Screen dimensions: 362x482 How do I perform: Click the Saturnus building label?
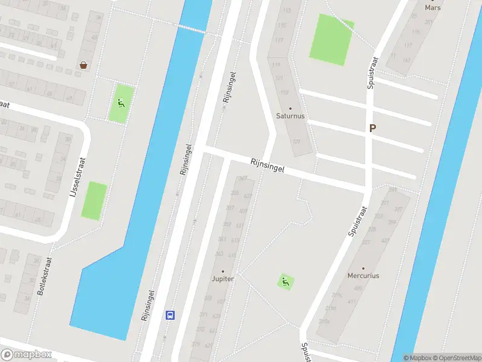pos(290,115)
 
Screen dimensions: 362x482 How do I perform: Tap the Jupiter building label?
pos(222,279)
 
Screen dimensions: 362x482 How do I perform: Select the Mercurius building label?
pos(363,276)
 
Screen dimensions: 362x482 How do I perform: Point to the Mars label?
pos(433,8)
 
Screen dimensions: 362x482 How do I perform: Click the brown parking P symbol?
pos(372,129)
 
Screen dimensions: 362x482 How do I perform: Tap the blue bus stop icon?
pos(171,314)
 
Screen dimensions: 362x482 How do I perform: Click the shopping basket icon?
pos(83,65)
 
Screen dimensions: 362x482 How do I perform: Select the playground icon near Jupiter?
pos(285,281)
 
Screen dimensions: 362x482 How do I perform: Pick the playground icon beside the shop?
pos(121,103)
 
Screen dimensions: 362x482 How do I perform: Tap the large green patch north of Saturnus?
pos(331,39)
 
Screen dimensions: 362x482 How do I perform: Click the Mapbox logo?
pos(27,355)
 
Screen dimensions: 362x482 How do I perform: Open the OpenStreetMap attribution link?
pos(456,358)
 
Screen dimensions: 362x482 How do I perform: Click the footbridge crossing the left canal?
pos(192,28)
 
